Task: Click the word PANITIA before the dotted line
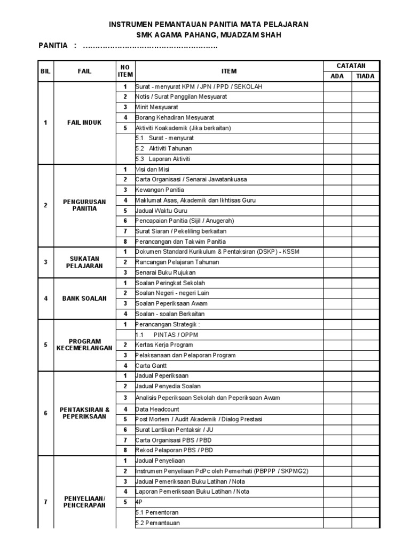coord(53,46)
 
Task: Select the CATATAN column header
coord(350,66)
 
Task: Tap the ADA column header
coord(337,76)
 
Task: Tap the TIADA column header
coord(365,76)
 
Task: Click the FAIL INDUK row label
coord(84,123)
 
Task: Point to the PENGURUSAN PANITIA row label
coord(84,205)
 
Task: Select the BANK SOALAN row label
coord(84,299)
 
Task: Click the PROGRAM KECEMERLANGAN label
coord(84,344)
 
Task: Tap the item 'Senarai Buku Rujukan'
coord(165,272)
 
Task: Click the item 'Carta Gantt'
coord(152,366)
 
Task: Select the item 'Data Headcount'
coord(157,409)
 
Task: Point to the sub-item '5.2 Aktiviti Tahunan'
coord(164,148)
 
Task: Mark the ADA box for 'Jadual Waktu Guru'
coord(337,211)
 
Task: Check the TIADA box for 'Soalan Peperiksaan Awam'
coord(365,303)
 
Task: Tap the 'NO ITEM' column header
coord(125,71)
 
